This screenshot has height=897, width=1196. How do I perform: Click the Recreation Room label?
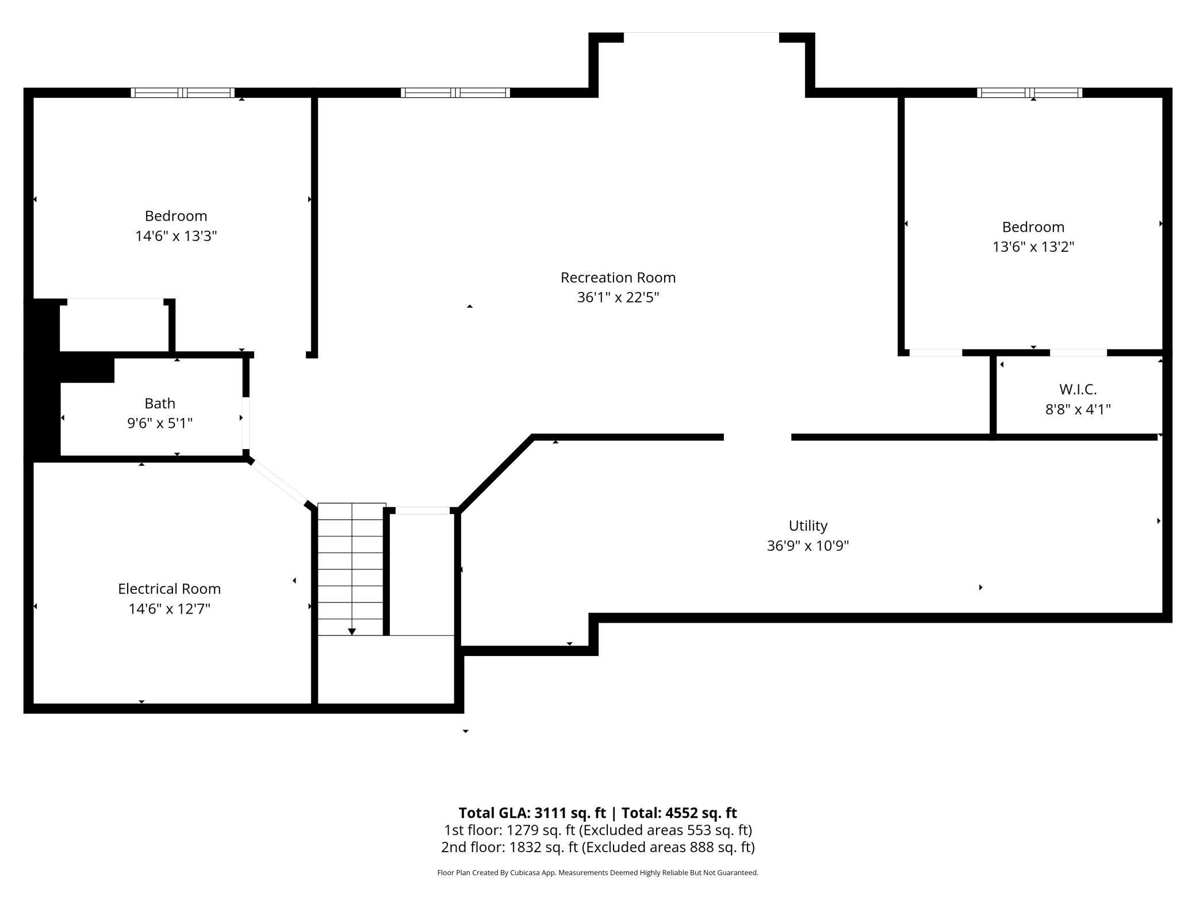tap(618, 278)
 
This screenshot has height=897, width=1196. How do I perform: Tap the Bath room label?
tap(159, 403)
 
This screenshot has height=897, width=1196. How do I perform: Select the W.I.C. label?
tap(1078, 389)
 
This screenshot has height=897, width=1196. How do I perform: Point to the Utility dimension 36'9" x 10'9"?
tap(807, 546)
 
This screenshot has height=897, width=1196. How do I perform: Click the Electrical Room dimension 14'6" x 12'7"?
tap(169, 609)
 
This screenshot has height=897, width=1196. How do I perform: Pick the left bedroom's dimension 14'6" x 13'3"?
tap(175, 236)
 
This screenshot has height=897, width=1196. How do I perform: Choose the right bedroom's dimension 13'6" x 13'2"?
tap(1033, 247)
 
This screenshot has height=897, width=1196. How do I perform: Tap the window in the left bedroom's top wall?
tap(183, 93)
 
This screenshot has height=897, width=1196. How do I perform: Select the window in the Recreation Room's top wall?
tap(455, 93)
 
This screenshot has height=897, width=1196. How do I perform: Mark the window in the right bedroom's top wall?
tap(1029, 93)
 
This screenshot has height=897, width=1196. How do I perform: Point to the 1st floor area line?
tap(597, 830)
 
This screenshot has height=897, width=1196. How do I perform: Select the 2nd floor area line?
tap(597, 847)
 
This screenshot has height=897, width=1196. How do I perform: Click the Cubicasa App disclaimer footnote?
tap(597, 873)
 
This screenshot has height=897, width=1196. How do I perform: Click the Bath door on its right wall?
tap(246, 423)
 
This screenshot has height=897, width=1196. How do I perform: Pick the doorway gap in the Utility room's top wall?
tap(757, 438)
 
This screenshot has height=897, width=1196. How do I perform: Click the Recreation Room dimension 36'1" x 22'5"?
tap(618, 298)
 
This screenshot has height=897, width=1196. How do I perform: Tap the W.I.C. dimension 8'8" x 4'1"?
tap(1078, 409)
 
